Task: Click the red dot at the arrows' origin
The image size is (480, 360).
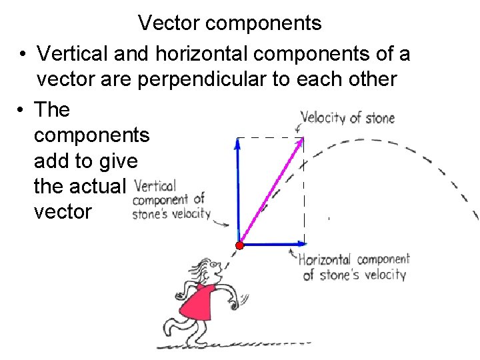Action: pos(239,245)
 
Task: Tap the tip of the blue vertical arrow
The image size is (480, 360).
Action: pos(237,141)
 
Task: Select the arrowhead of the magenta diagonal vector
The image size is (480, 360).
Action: pos(301,141)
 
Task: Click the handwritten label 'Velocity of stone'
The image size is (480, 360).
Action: pos(347,118)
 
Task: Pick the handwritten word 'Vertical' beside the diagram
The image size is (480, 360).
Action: pos(155,186)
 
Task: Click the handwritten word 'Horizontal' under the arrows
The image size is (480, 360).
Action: pos(325,260)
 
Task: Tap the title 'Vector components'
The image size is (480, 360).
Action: pos(230,23)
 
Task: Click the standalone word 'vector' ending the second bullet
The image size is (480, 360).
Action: pos(63,212)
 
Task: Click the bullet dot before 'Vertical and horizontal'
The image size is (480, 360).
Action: pos(22,53)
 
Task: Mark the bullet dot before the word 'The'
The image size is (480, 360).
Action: pos(22,109)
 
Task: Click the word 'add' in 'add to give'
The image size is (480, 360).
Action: pos(51,161)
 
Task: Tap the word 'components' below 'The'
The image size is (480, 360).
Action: pos(91,135)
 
